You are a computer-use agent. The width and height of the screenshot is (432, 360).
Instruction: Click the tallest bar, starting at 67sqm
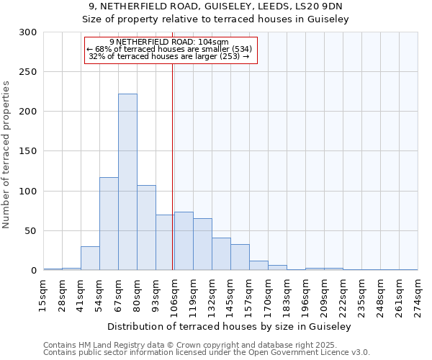[x=127, y=182]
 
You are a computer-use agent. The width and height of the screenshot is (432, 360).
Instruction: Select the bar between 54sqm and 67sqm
[x=109, y=224]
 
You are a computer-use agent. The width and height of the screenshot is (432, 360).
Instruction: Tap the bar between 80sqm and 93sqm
[x=146, y=228]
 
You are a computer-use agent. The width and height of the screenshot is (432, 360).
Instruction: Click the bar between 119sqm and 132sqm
[x=202, y=244]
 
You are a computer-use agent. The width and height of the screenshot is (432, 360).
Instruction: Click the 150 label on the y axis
[x=28, y=151]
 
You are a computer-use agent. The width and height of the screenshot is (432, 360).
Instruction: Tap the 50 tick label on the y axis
[x=31, y=231]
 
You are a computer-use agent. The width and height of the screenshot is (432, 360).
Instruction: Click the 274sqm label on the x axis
[x=418, y=294]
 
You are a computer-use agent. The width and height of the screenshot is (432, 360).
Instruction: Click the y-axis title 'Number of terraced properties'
[x=6, y=155]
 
